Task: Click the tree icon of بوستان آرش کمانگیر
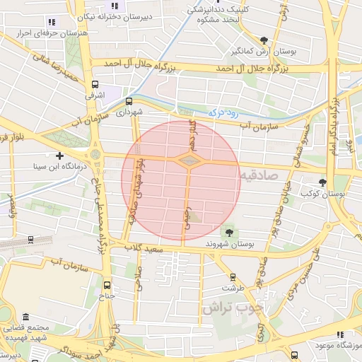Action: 264,40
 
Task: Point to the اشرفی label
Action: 94,93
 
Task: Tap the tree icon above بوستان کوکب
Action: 322,182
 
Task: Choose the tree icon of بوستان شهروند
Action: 228,231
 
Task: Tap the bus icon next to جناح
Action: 107,286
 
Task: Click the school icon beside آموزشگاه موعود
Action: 340,334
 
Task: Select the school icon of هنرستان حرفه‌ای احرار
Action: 51,23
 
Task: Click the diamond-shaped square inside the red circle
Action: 189,162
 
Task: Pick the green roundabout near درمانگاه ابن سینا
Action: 95,154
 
